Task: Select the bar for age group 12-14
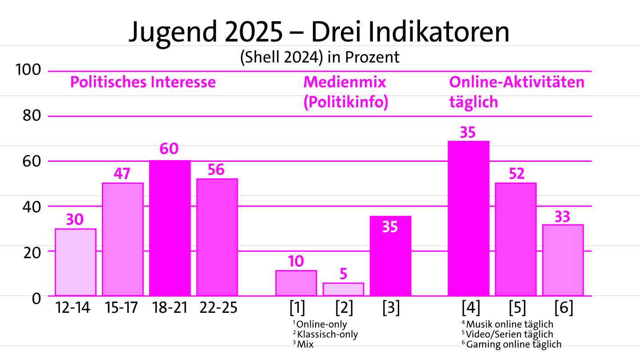point(75,262)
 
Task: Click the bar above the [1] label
point(296,283)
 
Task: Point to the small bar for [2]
point(343,289)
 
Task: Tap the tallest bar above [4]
point(468,218)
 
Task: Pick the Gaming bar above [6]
point(563,260)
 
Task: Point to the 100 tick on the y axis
point(28,70)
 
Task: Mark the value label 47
point(123,173)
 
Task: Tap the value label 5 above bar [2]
point(343,273)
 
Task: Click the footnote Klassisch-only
point(327,334)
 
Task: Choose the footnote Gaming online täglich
point(513,344)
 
